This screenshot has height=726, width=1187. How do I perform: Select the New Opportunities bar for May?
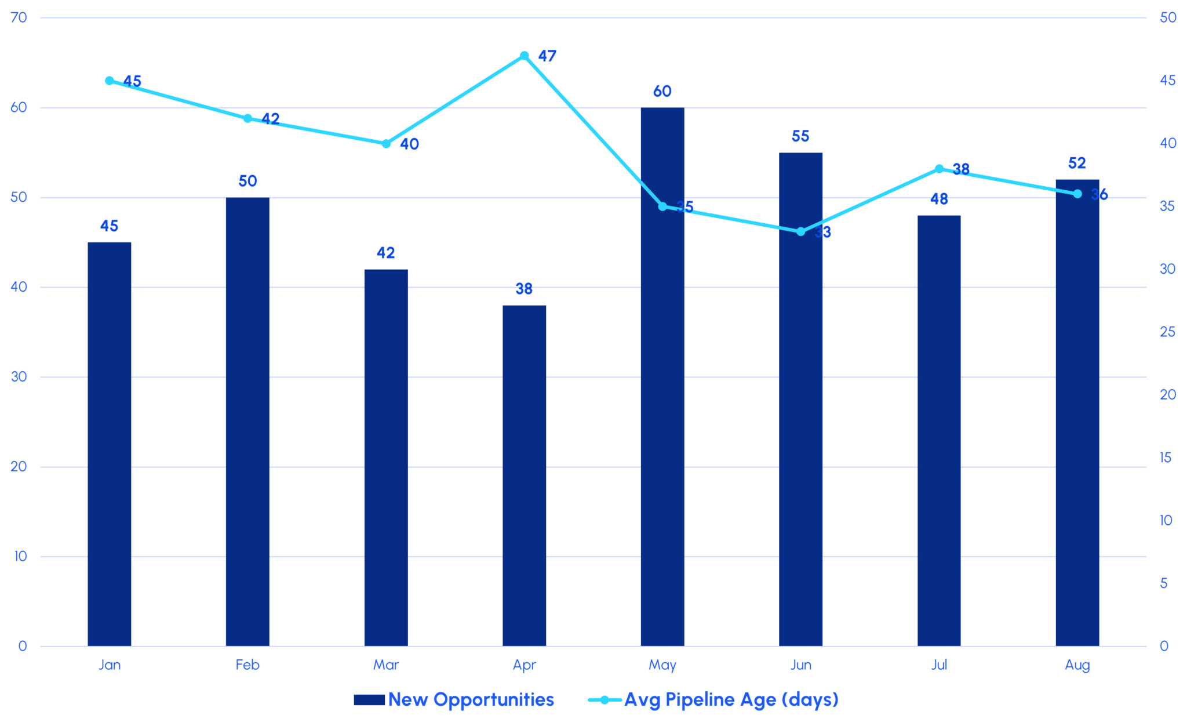pyautogui.click(x=662, y=377)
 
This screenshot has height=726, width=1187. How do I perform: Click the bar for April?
pyautogui.click(x=524, y=475)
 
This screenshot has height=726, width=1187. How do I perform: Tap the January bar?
pyautogui.click(x=110, y=444)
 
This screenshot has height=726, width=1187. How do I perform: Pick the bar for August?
pyautogui.click(x=1077, y=412)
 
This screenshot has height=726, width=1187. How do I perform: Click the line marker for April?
pyautogui.click(x=524, y=56)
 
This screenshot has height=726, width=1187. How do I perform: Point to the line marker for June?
pyautogui.click(x=801, y=231)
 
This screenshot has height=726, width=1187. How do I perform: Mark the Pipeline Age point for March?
pyautogui.click(x=386, y=144)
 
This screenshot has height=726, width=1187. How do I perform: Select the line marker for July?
pyautogui.click(x=939, y=169)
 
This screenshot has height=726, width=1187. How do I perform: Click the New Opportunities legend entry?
pyautogui.click(x=454, y=700)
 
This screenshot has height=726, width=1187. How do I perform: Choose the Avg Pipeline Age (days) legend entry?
pyautogui.click(x=713, y=700)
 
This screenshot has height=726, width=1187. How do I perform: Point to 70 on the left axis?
pyautogui.click(x=19, y=17)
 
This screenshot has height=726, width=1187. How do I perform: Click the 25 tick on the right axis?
pyautogui.click(x=1167, y=332)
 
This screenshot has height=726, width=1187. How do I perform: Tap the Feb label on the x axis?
pyautogui.click(x=247, y=665)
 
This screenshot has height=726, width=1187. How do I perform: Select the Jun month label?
pyautogui.click(x=801, y=665)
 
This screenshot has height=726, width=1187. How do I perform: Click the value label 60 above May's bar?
pyautogui.click(x=662, y=92)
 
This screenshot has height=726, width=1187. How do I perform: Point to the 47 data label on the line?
pyautogui.click(x=547, y=56)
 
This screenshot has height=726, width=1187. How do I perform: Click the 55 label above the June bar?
pyautogui.click(x=800, y=136)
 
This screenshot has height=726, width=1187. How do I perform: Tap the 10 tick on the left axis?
pyautogui.click(x=20, y=557)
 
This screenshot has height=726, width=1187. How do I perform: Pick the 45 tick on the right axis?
pyautogui.click(x=1167, y=80)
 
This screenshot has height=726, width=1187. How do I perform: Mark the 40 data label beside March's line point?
pyautogui.click(x=409, y=144)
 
